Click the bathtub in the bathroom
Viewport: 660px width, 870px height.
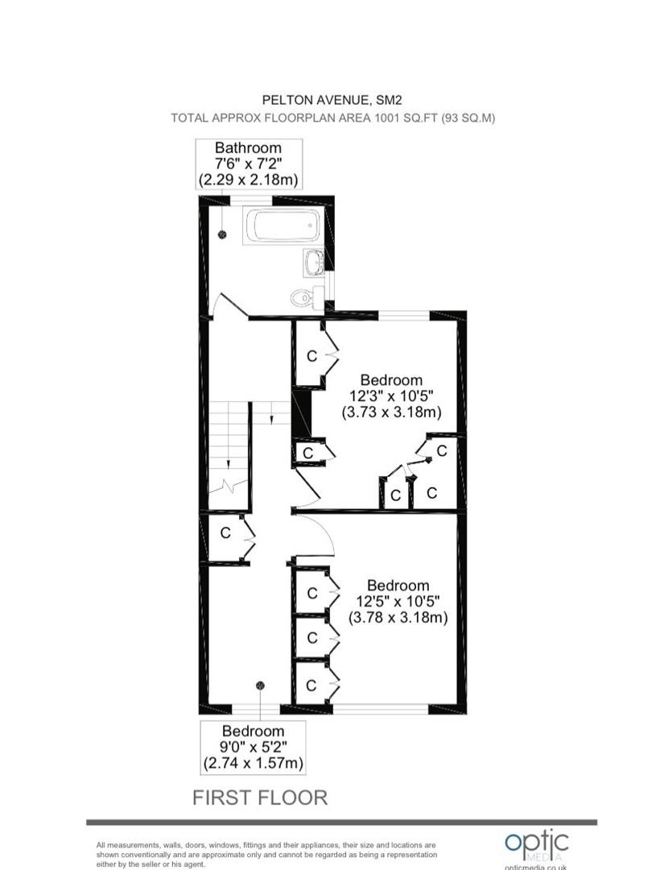pos(281,226)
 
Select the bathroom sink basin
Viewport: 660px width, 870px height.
pos(315,262)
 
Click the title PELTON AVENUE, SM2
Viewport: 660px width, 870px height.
pos(332,100)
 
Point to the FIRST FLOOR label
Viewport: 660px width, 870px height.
pos(260,797)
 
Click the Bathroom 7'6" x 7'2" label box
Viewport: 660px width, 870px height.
pos(248,164)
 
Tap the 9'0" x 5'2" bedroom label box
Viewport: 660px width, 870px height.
pos(254,747)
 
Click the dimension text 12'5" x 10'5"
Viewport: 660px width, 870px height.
pos(398,602)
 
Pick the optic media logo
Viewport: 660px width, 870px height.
pos(536,847)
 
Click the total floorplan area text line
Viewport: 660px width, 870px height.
pos(332,118)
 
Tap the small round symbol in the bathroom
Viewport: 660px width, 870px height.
pos(223,234)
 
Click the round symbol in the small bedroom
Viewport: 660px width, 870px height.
pos(260,686)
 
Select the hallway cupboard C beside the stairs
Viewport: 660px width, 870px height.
pos(225,533)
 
